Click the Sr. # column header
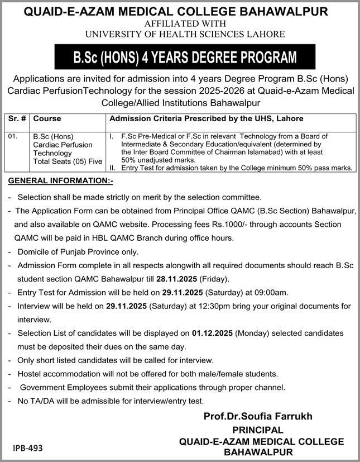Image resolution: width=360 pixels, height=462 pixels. click(18, 119)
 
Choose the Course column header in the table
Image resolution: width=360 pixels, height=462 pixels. click(47, 119)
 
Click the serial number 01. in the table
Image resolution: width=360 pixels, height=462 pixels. click(14, 136)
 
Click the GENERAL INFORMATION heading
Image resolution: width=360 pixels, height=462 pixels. click(61, 181)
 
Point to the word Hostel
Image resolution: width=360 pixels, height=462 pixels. click(31, 374)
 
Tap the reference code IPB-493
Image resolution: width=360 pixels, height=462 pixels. click(28, 448)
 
